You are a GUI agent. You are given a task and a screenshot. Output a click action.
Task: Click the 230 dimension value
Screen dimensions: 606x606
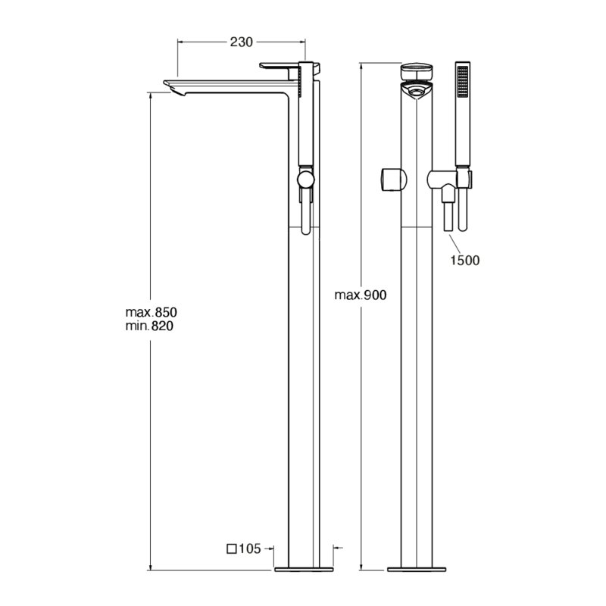point(241,42)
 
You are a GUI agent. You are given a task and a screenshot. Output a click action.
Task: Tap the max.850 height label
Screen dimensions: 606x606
point(151,312)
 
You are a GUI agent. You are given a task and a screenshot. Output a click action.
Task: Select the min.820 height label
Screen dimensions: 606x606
point(149,326)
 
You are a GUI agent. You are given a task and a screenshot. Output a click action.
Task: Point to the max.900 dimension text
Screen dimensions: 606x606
point(361,295)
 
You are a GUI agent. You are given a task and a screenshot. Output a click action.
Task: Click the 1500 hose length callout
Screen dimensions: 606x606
point(464,260)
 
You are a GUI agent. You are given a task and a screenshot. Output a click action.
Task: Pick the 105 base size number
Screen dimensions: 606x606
point(250,548)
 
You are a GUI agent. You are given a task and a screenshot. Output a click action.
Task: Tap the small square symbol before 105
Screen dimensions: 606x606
point(232,548)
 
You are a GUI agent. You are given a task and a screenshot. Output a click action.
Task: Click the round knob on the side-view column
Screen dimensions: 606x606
point(306,180)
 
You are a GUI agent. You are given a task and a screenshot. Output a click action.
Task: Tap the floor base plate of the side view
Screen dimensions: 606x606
point(304,570)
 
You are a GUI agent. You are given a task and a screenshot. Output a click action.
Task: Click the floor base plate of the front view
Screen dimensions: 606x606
point(417,570)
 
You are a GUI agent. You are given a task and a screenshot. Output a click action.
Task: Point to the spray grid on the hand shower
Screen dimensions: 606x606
point(463,82)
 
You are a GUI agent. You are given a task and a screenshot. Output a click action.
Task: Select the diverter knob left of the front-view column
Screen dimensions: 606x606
point(394,180)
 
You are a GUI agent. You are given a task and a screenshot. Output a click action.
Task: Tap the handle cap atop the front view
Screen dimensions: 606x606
point(417,71)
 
